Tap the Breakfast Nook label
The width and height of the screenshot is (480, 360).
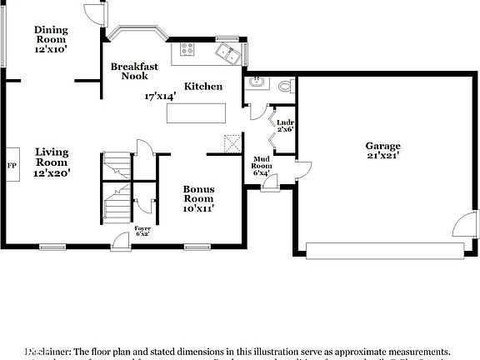click(135, 70)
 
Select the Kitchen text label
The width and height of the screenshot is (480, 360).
click(203, 86)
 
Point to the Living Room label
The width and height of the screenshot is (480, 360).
click(52, 157)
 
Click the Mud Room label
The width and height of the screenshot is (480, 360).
click(262, 165)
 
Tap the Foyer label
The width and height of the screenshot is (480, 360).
click(143, 228)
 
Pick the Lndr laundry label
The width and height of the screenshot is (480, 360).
click(285, 122)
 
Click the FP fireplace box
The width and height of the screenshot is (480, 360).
click(12, 166)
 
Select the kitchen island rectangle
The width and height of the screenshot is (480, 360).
click(197, 112)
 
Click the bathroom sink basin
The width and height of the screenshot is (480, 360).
click(255, 82)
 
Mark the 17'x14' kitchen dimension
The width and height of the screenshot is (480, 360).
click(160, 97)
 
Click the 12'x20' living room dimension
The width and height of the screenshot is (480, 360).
click(52, 172)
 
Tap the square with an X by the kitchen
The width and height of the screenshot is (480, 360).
click(231, 142)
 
